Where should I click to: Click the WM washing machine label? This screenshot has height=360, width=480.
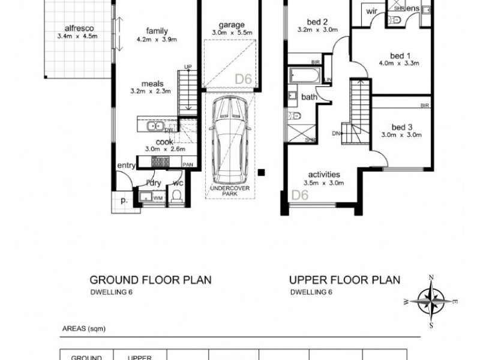pos(158,197)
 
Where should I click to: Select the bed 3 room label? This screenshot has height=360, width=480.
pos(400,127)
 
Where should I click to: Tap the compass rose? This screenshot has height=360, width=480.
pos(431,298)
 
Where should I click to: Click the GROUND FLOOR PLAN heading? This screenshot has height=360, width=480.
pos(150,280)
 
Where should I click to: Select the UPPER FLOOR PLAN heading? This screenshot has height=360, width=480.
pos(344,280)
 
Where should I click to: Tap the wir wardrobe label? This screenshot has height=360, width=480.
pos(371,10)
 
